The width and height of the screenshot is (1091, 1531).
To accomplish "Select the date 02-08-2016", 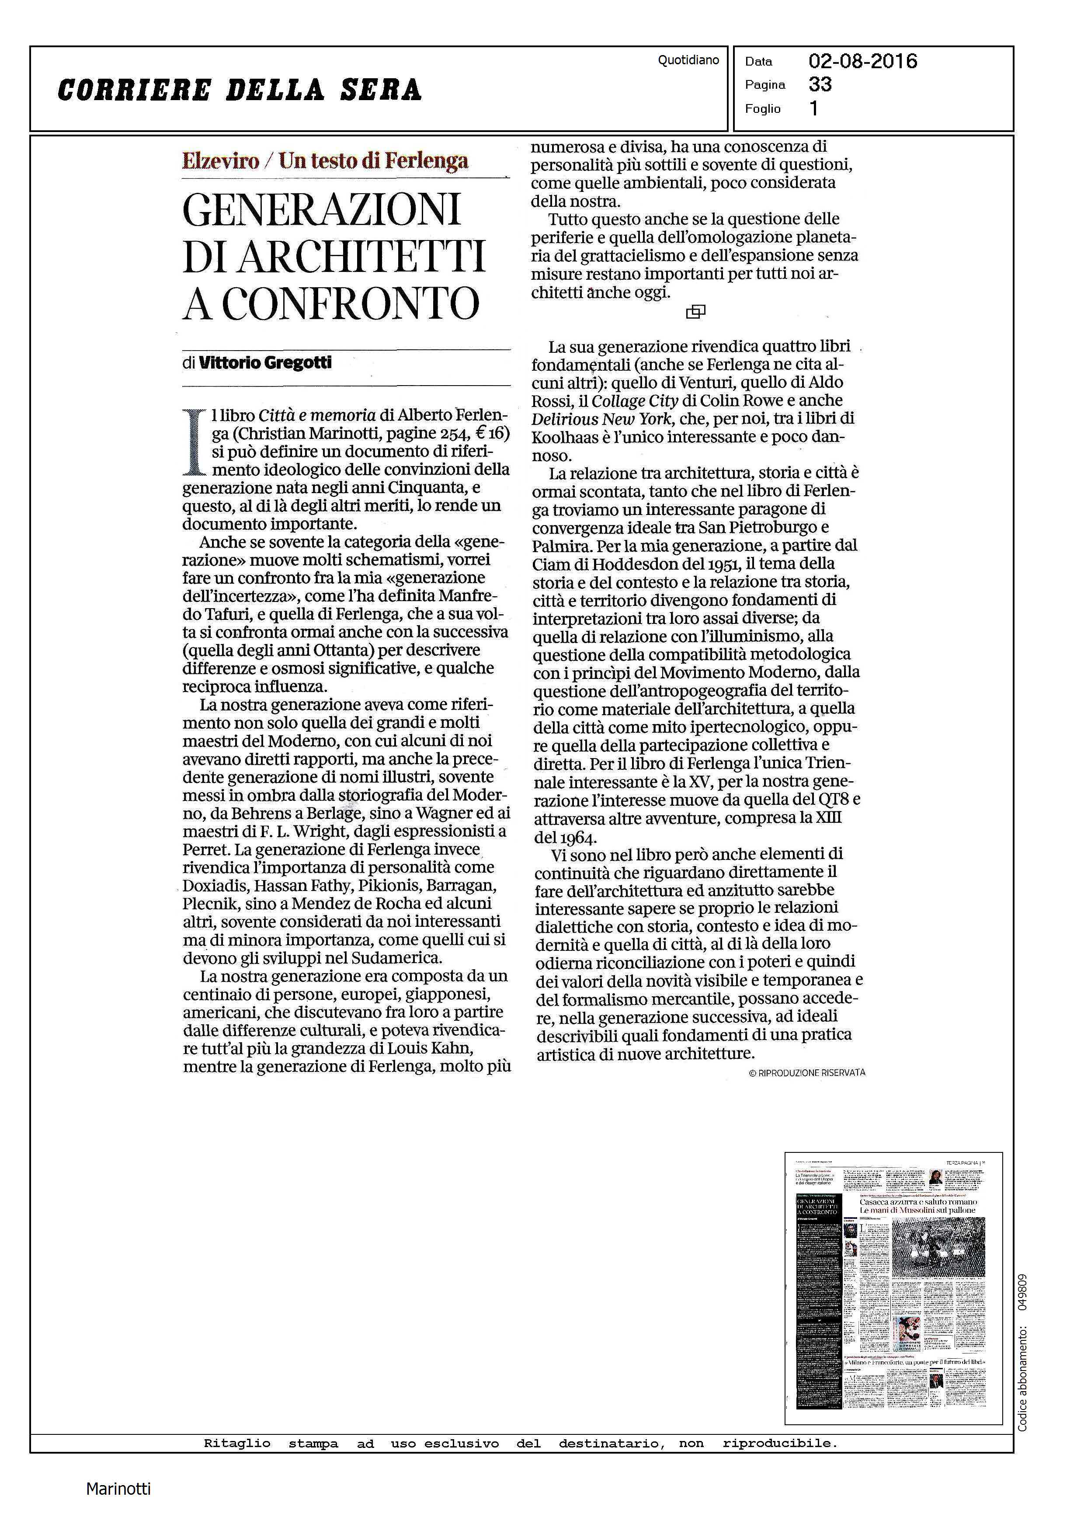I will click(x=862, y=61).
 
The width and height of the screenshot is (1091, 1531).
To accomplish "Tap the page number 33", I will click(x=820, y=85).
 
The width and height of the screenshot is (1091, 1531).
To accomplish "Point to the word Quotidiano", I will click(x=688, y=60).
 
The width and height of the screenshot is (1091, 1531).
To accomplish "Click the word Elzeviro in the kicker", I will click(x=220, y=161).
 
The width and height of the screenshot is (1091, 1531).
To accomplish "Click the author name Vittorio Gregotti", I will click(x=265, y=363).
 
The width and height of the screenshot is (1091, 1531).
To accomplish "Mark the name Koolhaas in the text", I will click(x=567, y=437).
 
